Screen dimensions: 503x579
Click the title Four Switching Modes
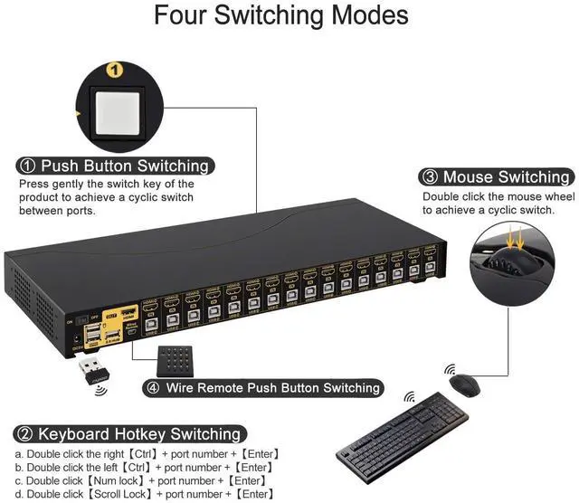280,17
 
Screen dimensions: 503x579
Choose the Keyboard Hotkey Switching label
128,434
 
